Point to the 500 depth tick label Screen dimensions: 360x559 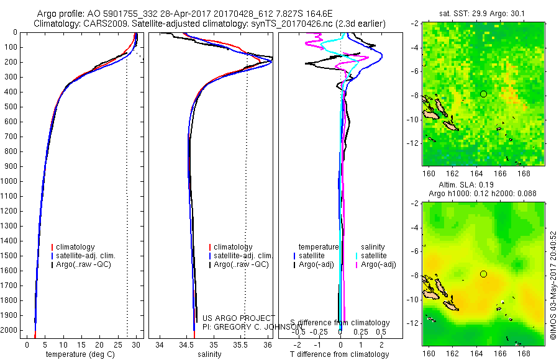(x=11, y=107)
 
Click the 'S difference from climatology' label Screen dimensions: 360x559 (x=340, y=323)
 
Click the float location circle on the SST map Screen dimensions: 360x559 (x=483, y=94)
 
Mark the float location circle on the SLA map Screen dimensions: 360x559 (x=483, y=274)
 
